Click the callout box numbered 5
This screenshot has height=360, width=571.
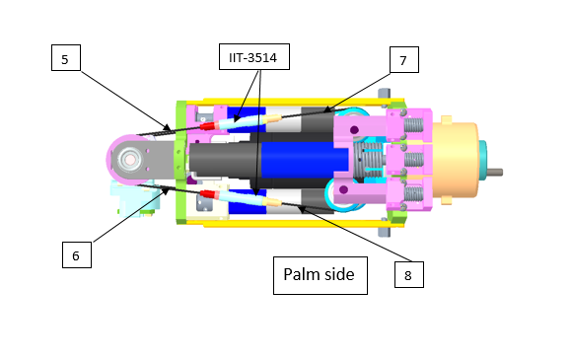(x=66, y=57)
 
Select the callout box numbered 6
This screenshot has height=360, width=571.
(x=77, y=254)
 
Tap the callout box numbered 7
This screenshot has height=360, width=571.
(x=404, y=60)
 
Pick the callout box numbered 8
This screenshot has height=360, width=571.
(x=409, y=274)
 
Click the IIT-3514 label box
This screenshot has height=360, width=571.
(x=254, y=56)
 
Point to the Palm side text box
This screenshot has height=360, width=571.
(x=321, y=275)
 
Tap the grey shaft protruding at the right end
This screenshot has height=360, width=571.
(x=494, y=172)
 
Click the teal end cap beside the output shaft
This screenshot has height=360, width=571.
(x=482, y=161)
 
